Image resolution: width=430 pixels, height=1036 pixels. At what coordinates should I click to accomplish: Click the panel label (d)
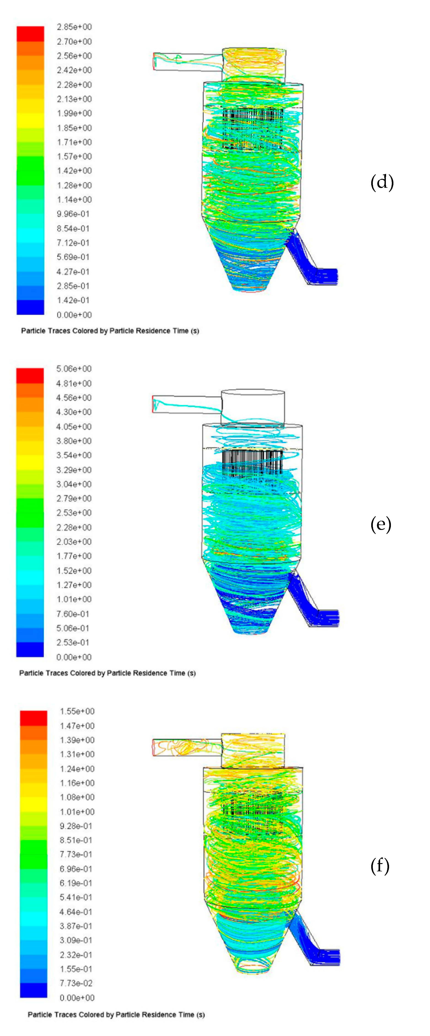point(381,182)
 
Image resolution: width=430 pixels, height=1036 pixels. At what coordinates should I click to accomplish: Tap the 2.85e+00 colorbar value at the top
point(74,27)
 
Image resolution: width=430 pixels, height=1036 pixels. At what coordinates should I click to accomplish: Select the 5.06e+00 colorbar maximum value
point(74,369)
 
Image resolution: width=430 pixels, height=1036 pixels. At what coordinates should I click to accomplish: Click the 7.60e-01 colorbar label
point(73,614)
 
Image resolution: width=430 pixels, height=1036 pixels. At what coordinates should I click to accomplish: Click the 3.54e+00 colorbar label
point(74,455)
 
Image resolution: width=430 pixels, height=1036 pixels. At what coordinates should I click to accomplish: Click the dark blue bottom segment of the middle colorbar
point(30,650)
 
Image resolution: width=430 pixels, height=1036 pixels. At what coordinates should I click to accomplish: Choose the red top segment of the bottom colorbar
point(33,718)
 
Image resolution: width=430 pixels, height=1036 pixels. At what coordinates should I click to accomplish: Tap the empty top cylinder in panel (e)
point(253,407)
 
